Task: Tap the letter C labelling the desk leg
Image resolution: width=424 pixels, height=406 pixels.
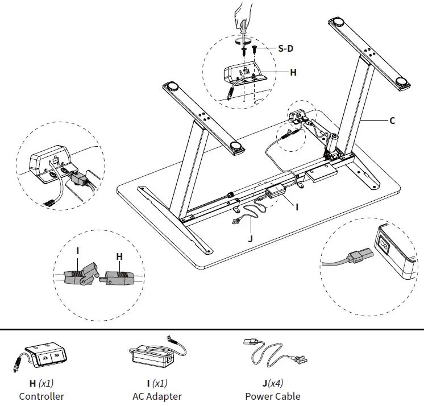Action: tap(392, 121)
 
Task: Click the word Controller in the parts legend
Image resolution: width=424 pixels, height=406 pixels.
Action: tap(41, 396)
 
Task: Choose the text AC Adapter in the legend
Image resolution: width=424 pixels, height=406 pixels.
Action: tap(157, 396)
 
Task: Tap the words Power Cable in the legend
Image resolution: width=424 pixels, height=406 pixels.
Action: tap(273, 396)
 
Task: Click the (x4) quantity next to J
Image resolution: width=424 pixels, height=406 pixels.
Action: tap(278, 383)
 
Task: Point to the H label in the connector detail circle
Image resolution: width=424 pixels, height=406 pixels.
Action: tap(119, 257)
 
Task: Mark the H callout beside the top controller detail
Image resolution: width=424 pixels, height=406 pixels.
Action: tap(293, 73)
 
